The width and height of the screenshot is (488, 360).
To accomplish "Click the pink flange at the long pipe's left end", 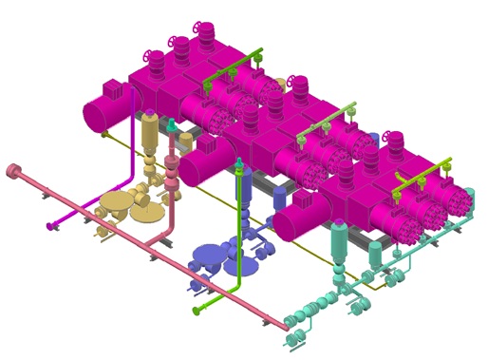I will pyautogui.click(x=12, y=171).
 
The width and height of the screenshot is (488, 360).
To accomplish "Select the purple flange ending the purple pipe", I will pyautogui.click(x=49, y=225).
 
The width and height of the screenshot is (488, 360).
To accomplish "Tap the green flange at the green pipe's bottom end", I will pyautogui.click(x=197, y=310).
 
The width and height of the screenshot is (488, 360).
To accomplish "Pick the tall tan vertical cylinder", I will pyautogui.click(x=150, y=137).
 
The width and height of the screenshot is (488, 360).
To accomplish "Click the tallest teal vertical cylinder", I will pyautogui.click(x=337, y=244).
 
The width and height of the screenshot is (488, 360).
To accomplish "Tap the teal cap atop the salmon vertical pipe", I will pyautogui.click(x=172, y=124).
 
